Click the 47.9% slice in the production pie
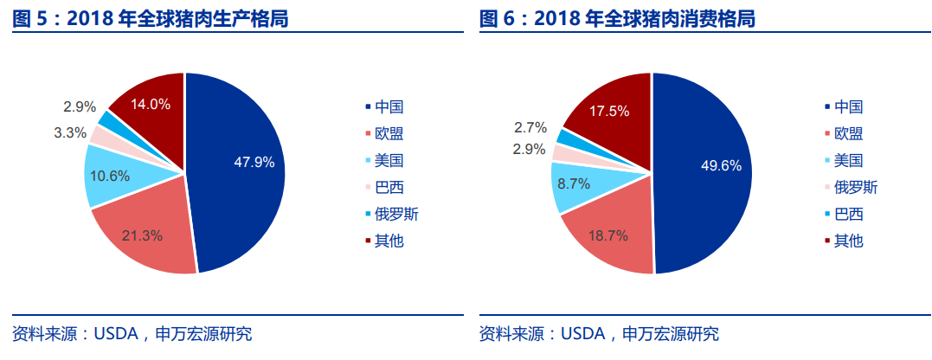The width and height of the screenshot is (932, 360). [x=242, y=164]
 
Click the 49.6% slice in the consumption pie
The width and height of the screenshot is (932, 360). [x=710, y=166]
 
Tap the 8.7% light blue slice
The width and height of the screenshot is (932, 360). [x=574, y=184]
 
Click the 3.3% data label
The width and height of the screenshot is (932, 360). [x=70, y=133]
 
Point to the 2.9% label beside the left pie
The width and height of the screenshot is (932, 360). [x=80, y=107]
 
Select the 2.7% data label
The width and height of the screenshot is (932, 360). [x=530, y=128]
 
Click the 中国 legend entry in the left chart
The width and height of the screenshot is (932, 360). [x=389, y=107]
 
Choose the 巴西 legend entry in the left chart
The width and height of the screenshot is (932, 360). [x=389, y=187]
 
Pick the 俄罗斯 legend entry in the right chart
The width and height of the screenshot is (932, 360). [x=855, y=187]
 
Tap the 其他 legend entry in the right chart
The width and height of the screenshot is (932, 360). [x=848, y=241]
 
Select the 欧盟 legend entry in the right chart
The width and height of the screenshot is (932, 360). [x=848, y=133]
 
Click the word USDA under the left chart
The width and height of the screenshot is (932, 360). [x=116, y=334]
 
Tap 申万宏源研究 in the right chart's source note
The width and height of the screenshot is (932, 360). [x=672, y=334]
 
